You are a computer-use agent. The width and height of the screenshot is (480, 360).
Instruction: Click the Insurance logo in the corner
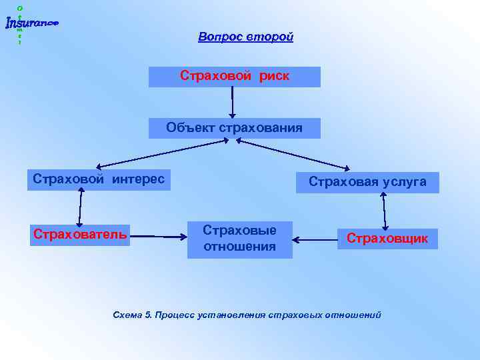click(31, 23)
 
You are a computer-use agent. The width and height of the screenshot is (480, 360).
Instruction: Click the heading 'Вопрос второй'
click(245, 37)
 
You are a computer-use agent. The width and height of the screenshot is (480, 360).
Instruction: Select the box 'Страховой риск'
click(234, 77)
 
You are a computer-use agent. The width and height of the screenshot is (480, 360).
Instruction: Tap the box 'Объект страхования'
click(234, 128)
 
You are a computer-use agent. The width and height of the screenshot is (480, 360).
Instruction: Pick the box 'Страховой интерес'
click(99, 180)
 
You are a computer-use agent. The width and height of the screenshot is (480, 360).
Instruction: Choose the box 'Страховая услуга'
click(367, 182)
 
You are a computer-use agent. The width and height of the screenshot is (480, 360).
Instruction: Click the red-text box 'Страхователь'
click(80, 235)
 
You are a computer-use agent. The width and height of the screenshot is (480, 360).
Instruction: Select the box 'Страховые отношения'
click(239, 239)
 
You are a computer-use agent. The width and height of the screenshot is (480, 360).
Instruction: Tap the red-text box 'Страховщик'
click(387, 239)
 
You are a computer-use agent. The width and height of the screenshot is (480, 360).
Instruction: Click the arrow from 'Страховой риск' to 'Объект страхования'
click(233, 101)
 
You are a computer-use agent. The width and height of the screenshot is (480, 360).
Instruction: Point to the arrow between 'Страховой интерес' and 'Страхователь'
click(81, 207)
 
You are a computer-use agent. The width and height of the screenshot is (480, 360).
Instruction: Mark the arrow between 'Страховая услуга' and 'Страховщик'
click(384, 211)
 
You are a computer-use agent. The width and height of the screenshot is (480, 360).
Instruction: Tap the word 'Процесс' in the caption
click(175, 315)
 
